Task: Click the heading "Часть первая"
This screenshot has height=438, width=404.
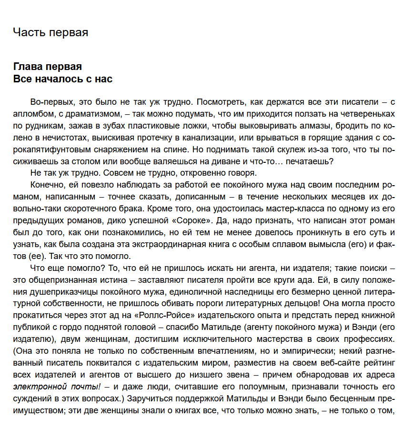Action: tap(50, 32)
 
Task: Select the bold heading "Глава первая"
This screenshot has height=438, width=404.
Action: tap(48, 67)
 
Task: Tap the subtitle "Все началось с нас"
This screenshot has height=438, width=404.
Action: tap(63, 79)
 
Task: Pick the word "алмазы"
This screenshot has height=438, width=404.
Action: tap(309, 126)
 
